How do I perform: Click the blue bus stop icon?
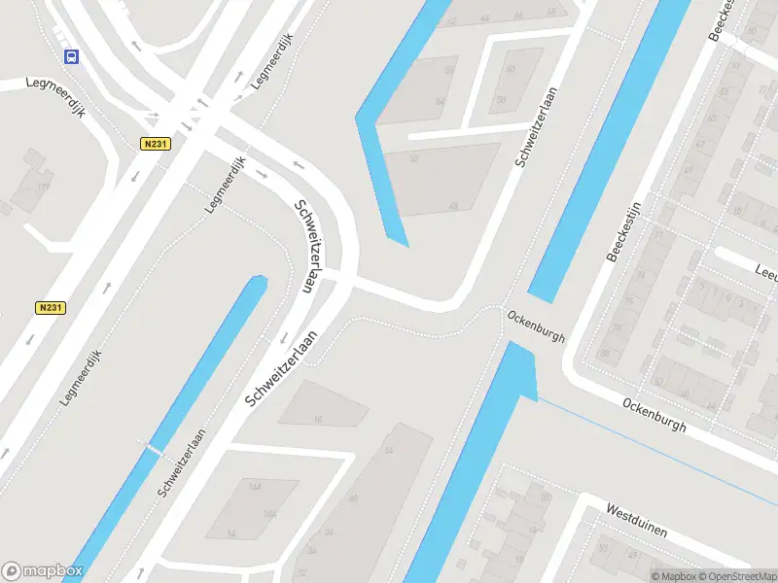pos(71,56)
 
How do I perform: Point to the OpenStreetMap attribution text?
pos(725,576)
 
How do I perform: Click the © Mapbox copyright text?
pos(671,576)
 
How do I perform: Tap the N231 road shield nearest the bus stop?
pos(155,144)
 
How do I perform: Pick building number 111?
pos(43,187)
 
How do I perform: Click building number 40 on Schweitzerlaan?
pos(352,499)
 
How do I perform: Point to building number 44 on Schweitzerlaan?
pos(389,451)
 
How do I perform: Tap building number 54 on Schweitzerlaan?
pos(440,102)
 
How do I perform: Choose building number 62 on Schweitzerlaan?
pos(451,19)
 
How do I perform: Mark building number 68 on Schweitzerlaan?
pos(552,13)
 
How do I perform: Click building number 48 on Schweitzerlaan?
pos(453,206)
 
